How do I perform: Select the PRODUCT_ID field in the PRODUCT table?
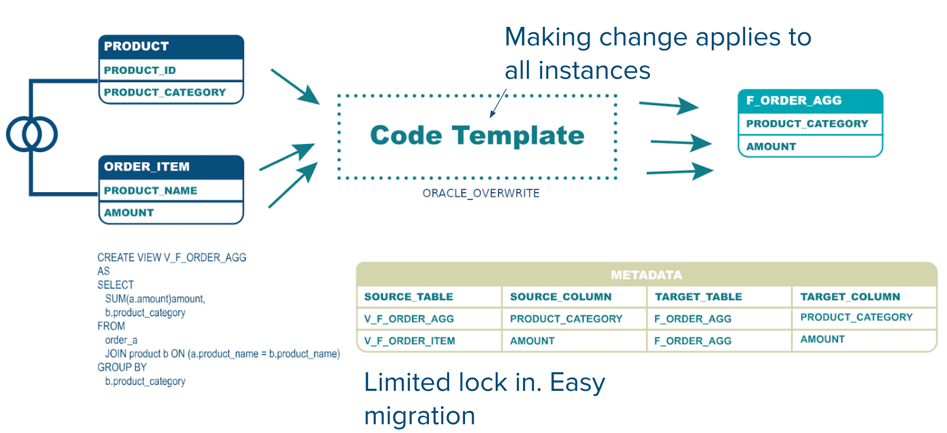(x=140, y=70)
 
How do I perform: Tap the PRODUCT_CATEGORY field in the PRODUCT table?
(x=165, y=92)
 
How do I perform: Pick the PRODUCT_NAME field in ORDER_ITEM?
(x=150, y=190)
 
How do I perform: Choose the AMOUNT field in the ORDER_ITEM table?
(x=129, y=212)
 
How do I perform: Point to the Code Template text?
(x=477, y=135)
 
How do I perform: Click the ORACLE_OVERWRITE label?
(x=481, y=193)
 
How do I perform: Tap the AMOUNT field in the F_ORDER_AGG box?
(x=771, y=147)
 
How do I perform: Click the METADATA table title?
(x=646, y=275)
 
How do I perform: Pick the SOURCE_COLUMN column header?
(x=561, y=297)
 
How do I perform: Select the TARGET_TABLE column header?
(x=699, y=297)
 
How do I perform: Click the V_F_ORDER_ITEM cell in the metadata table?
(x=410, y=341)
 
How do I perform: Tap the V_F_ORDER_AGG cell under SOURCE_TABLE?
(x=409, y=319)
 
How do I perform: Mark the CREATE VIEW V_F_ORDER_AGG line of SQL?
(x=172, y=258)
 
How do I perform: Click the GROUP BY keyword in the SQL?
(x=122, y=367)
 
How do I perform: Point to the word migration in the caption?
(x=420, y=416)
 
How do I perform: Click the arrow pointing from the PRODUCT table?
(x=295, y=86)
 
